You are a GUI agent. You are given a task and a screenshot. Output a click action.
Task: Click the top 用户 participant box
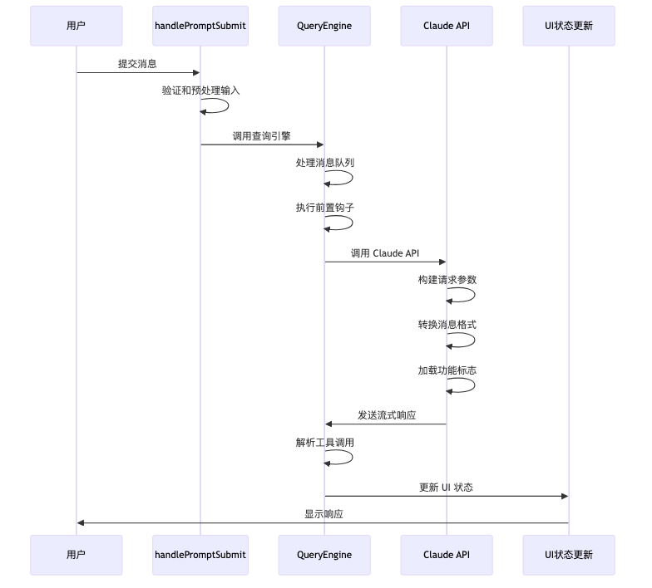pyautogui.click(x=76, y=26)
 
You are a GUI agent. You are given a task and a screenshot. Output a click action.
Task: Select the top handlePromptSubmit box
pyautogui.click(x=200, y=26)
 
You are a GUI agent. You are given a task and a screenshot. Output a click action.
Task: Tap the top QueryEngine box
pyautogui.click(x=324, y=26)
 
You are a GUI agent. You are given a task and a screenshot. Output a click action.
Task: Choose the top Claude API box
pyautogui.click(x=447, y=26)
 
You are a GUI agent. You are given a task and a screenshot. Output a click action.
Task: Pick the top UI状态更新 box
pyautogui.click(x=569, y=26)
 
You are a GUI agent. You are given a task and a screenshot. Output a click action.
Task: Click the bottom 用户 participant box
pyautogui.click(x=76, y=555)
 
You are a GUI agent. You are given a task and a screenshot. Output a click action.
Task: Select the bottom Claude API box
pyautogui.click(x=447, y=555)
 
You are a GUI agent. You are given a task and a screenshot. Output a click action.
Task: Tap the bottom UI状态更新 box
pyautogui.click(x=569, y=555)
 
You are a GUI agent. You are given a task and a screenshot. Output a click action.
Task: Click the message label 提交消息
pyautogui.click(x=137, y=63)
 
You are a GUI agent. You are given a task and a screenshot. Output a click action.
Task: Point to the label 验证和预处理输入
pyautogui.click(x=200, y=91)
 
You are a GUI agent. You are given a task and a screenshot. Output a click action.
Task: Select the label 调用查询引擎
pyautogui.click(x=261, y=135)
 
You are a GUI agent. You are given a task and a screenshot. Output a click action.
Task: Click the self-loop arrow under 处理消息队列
pyautogui.click(x=349, y=179)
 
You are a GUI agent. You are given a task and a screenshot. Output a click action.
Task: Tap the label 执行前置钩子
pyautogui.click(x=324, y=208)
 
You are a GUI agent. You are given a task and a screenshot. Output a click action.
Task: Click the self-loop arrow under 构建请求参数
pyautogui.click(x=472, y=296)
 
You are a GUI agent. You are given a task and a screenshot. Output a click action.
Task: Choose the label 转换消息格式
pyautogui.click(x=447, y=325)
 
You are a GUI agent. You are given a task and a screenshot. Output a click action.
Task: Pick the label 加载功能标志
pyautogui.click(x=447, y=370)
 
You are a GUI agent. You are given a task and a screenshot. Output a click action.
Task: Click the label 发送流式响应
pyautogui.click(x=387, y=414)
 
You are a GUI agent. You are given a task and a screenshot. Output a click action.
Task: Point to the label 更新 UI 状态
pyautogui.click(x=446, y=487)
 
